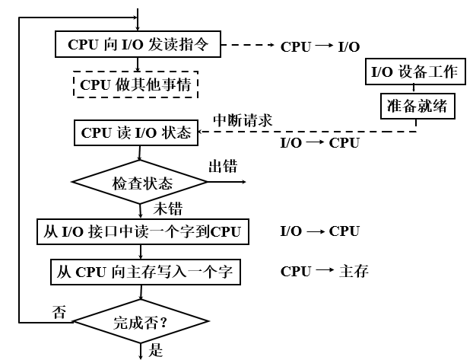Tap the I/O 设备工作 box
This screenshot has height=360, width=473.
(414, 73)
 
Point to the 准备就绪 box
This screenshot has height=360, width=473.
(417, 107)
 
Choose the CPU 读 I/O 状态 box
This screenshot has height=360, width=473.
(136, 133)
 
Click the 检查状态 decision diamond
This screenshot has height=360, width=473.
(139, 183)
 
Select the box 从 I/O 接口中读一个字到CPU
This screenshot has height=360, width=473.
(143, 231)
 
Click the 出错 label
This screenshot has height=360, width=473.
(223, 167)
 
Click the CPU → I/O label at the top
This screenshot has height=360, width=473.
(320, 46)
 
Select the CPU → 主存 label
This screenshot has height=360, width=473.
(325, 271)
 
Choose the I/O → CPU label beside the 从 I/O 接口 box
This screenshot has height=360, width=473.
(320, 231)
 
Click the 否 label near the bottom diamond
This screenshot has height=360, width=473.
(59, 312)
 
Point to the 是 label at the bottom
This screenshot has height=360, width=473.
(157, 351)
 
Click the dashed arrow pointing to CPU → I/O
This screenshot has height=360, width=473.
(247, 46)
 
